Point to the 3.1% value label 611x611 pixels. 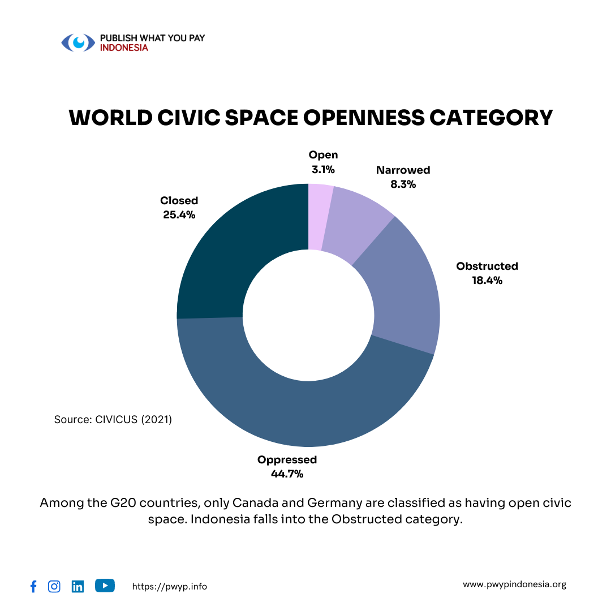click(x=323, y=169)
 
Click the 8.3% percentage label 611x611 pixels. click(x=403, y=184)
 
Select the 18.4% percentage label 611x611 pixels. click(x=487, y=280)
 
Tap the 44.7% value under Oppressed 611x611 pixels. click(x=287, y=474)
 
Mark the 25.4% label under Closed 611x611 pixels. click(x=179, y=214)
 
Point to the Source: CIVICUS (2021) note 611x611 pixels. click(x=113, y=420)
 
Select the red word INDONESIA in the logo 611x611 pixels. click(x=124, y=48)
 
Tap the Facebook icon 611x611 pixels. click(x=33, y=587)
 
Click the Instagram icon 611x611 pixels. click(x=54, y=586)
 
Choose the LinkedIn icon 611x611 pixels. click(x=78, y=587)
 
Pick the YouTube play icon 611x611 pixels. click(x=105, y=586)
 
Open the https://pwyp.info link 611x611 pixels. click(x=169, y=587)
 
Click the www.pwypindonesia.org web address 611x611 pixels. click(x=514, y=584)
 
